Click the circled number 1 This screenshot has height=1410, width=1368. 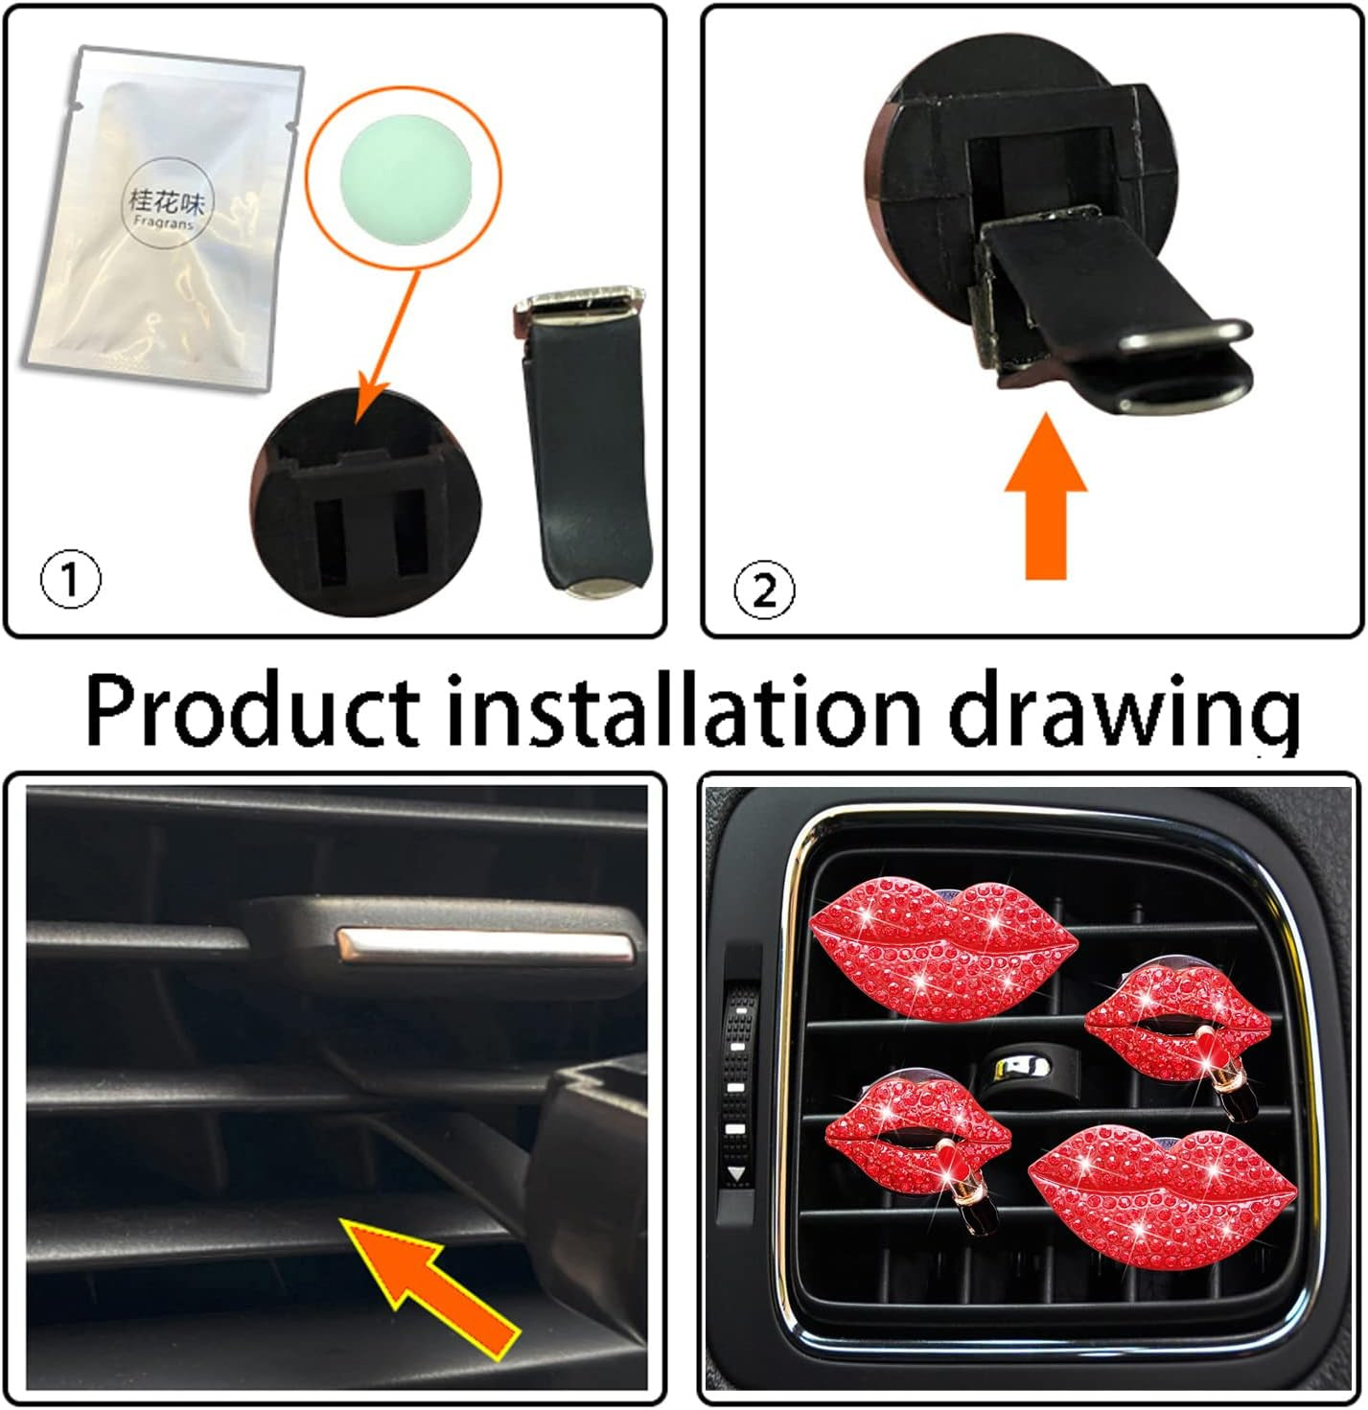tap(70, 580)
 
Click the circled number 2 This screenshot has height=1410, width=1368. tap(764, 592)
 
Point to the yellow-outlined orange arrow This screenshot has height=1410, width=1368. tap(430, 1172)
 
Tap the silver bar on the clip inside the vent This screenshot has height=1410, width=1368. tap(483, 942)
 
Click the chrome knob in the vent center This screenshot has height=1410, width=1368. tap(1020, 1070)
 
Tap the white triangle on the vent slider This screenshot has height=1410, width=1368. tap(737, 1174)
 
